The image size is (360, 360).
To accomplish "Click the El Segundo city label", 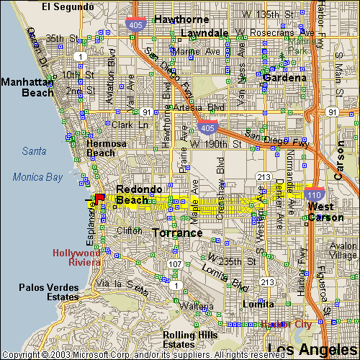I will click(x=68, y=6).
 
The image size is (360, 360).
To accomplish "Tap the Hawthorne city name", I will click(x=179, y=19).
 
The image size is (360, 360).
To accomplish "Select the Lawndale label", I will click(x=204, y=33).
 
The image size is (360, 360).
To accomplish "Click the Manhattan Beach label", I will click(x=27, y=88).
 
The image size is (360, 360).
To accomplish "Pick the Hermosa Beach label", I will click(x=110, y=148).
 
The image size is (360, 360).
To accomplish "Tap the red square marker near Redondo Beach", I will click(x=100, y=197).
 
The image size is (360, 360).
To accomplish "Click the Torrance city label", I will click(x=177, y=233).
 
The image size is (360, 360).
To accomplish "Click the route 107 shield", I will click(x=175, y=264).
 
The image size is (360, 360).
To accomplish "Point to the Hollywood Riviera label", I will click(x=76, y=258).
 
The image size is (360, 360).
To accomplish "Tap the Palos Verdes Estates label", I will click(x=49, y=292).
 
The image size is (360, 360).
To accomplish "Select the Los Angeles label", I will click(x=312, y=350).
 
